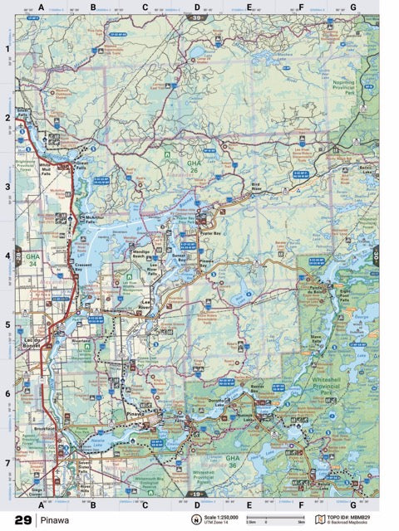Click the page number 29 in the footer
click(x=22, y=520)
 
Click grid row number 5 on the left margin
click(x=7, y=325)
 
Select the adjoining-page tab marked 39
click(x=197, y=16)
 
